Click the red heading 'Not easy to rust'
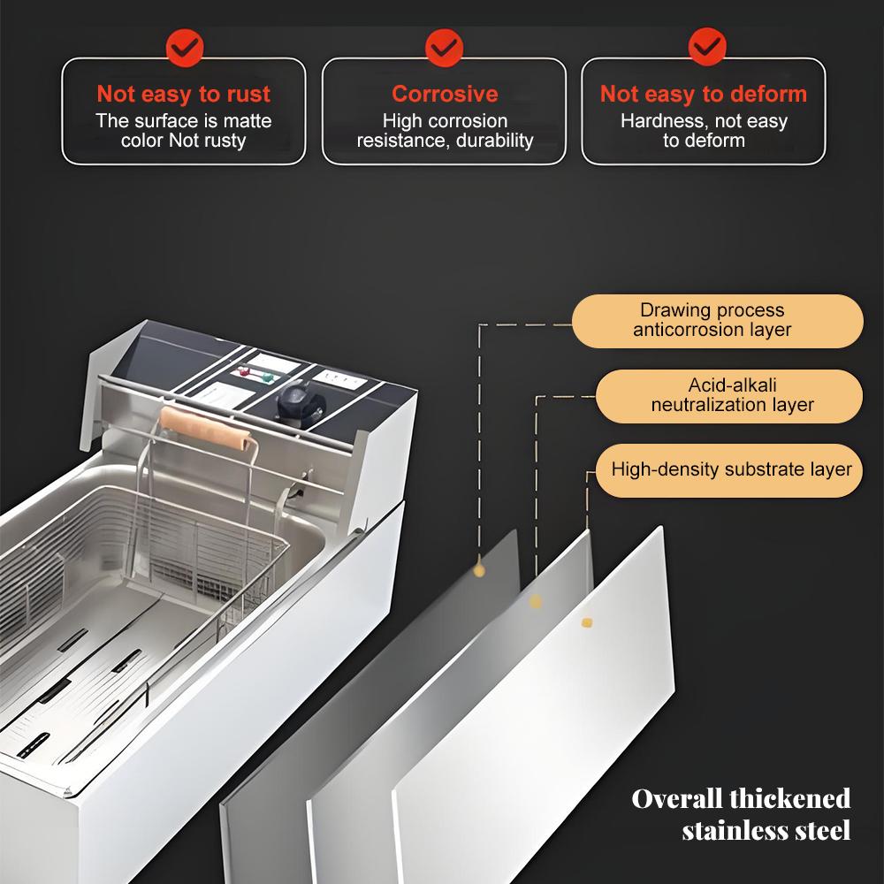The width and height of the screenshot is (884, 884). (x=184, y=94)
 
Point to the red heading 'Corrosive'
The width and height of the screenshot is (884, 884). (x=445, y=94)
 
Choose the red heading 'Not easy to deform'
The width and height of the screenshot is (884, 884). (x=704, y=94)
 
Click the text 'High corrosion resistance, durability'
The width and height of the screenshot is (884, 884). (x=445, y=131)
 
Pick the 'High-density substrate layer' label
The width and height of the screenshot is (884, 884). (x=731, y=469)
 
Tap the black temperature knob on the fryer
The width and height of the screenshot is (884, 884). (x=294, y=400)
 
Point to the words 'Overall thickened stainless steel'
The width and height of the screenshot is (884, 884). (x=741, y=814)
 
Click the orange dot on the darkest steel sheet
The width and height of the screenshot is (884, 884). (x=479, y=570)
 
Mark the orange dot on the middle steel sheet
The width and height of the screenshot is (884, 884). (x=535, y=601)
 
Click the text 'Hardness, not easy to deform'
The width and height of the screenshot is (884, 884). (x=704, y=131)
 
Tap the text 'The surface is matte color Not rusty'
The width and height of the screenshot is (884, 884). (x=184, y=131)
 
